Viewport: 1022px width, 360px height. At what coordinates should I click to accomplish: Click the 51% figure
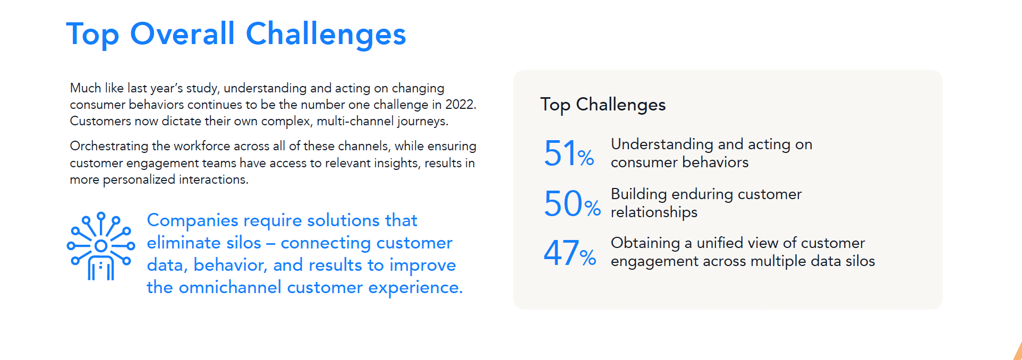click(x=569, y=153)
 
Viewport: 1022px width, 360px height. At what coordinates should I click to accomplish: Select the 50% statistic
click(x=572, y=203)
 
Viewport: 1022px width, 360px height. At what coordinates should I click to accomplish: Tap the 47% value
click(x=570, y=253)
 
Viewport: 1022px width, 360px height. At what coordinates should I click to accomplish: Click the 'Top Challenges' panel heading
click(x=603, y=105)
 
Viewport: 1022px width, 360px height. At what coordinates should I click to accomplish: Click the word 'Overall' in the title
click(x=182, y=34)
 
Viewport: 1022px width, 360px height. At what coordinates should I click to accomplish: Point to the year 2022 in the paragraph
click(x=460, y=104)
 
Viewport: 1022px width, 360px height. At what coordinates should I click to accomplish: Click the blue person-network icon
click(x=101, y=246)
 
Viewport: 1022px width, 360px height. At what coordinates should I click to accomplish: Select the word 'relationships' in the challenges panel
click(x=654, y=212)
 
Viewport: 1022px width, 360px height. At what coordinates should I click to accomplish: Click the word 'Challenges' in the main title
click(x=326, y=35)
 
